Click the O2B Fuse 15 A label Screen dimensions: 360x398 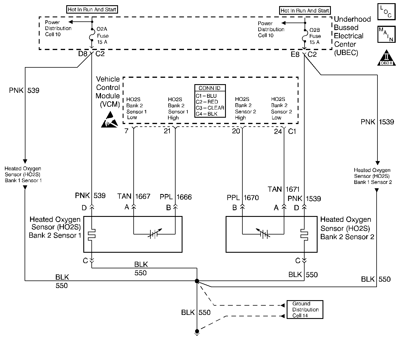click(315, 36)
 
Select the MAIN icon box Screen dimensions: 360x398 click(386, 34)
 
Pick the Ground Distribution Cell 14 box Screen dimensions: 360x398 click(305, 310)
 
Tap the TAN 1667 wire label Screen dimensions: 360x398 click(134, 196)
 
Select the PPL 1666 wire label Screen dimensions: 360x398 click(176, 197)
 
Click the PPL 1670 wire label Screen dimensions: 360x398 click(242, 198)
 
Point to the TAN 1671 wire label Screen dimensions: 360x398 click(283, 189)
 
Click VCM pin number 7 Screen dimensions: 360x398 click(126, 131)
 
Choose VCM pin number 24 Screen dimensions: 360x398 click(278, 132)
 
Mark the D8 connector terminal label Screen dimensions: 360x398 click(83, 54)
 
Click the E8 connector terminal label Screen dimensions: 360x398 click(295, 54)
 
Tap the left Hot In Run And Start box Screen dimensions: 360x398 click(92, 10)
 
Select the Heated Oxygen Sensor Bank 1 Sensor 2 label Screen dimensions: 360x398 click(373, 176)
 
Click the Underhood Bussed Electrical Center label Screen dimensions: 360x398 click(352, 36)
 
